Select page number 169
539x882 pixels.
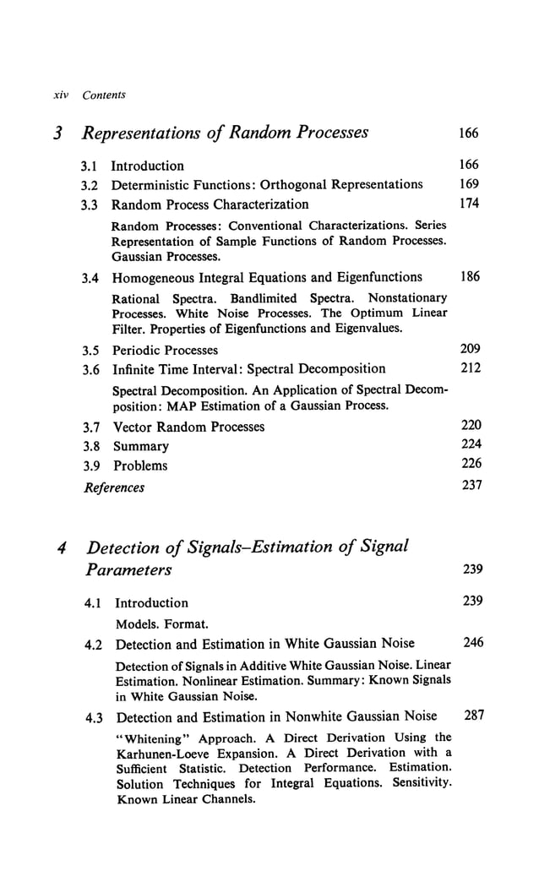pos(469,184)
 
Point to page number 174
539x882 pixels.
pos(469,204)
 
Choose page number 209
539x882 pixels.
pos(469,349)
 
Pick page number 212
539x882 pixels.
pos(469,367)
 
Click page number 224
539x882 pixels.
pos(469,445)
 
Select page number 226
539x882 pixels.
pos(469,465)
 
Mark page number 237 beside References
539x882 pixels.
pos(469,487)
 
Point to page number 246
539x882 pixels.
pos(473,643)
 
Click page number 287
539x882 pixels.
pos(475,716)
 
